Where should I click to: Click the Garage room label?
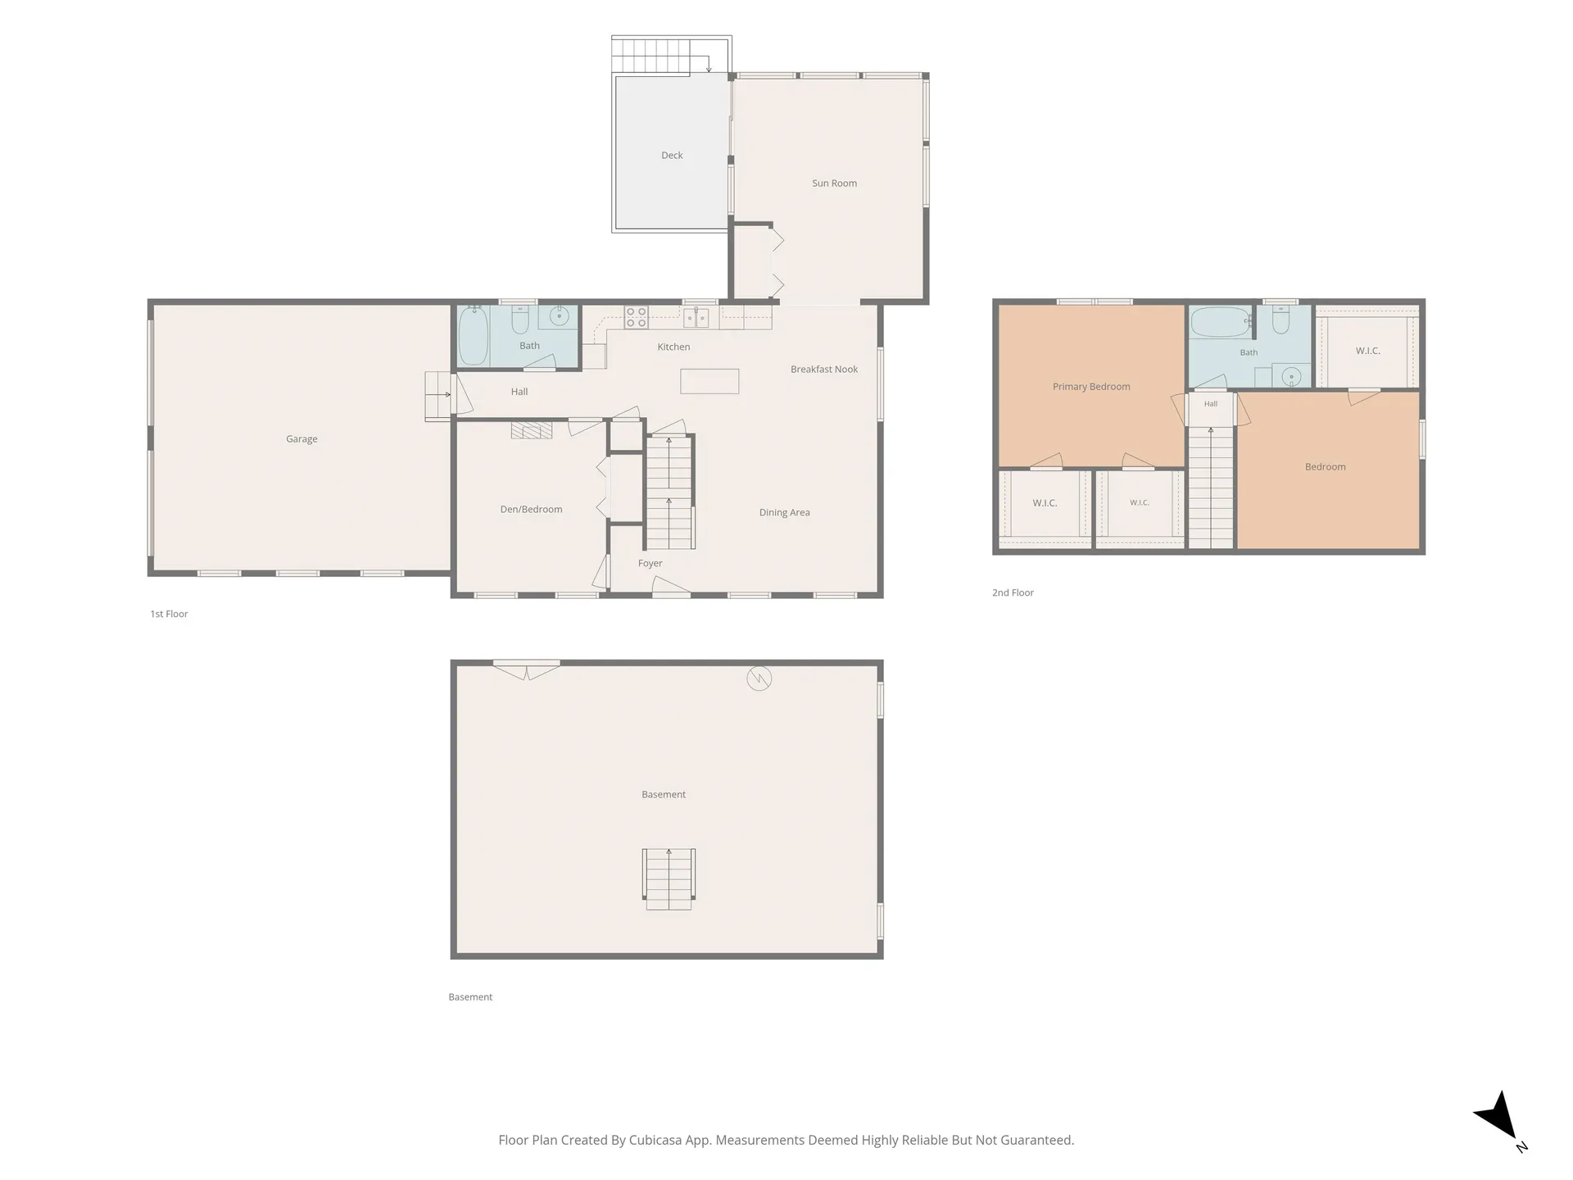(x=301, y=439)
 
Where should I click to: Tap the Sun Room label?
(x=834, y=184)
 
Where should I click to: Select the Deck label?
(x=672, y=155)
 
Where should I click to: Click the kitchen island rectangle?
(x=709, y=381)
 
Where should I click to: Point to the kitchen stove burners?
(x=637, y=317)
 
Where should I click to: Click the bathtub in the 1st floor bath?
(x=474, y=335)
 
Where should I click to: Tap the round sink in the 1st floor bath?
(x=560, y=315)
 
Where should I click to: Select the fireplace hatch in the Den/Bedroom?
(x=532, y=430)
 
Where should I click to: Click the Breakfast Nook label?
(x=824, y=370)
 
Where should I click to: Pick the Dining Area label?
(x=784, y=513)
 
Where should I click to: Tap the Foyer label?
(x=650, y=564)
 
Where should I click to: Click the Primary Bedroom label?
(x=1091, y=387)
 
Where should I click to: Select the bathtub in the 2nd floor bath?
(x=1221, y=322)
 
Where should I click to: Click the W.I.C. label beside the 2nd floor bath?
(x=1367, y=351)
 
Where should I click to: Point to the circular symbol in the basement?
(x=759, y=678)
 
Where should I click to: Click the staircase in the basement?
(x=669, y=879)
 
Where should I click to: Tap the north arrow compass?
(x=1500, y=1119)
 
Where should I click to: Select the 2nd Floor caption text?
(x=1013, y=592)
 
